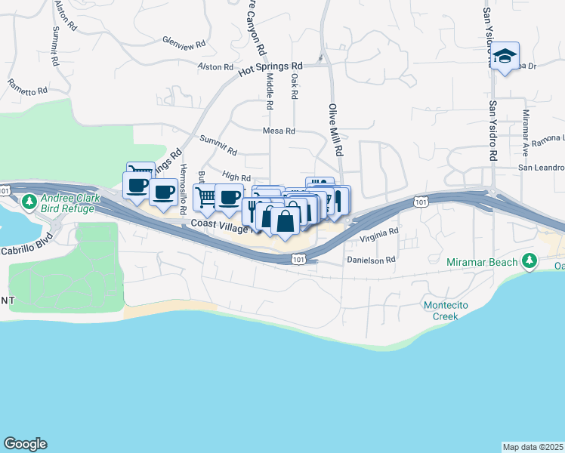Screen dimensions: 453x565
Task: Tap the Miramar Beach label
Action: click(482, 262)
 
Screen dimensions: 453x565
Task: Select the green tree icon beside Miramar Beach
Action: click(530, 262)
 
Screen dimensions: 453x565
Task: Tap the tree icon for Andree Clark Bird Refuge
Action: click(29, 202)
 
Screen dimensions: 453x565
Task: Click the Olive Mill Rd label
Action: click(332, 128)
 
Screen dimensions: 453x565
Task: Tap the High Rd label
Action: click(237, 178)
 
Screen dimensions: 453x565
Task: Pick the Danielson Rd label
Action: click(371, 260)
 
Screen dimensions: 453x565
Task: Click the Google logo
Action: click(25, 444)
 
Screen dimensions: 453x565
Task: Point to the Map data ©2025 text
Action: click(533, 447)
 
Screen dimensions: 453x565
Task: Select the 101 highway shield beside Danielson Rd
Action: click(298, 259)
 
